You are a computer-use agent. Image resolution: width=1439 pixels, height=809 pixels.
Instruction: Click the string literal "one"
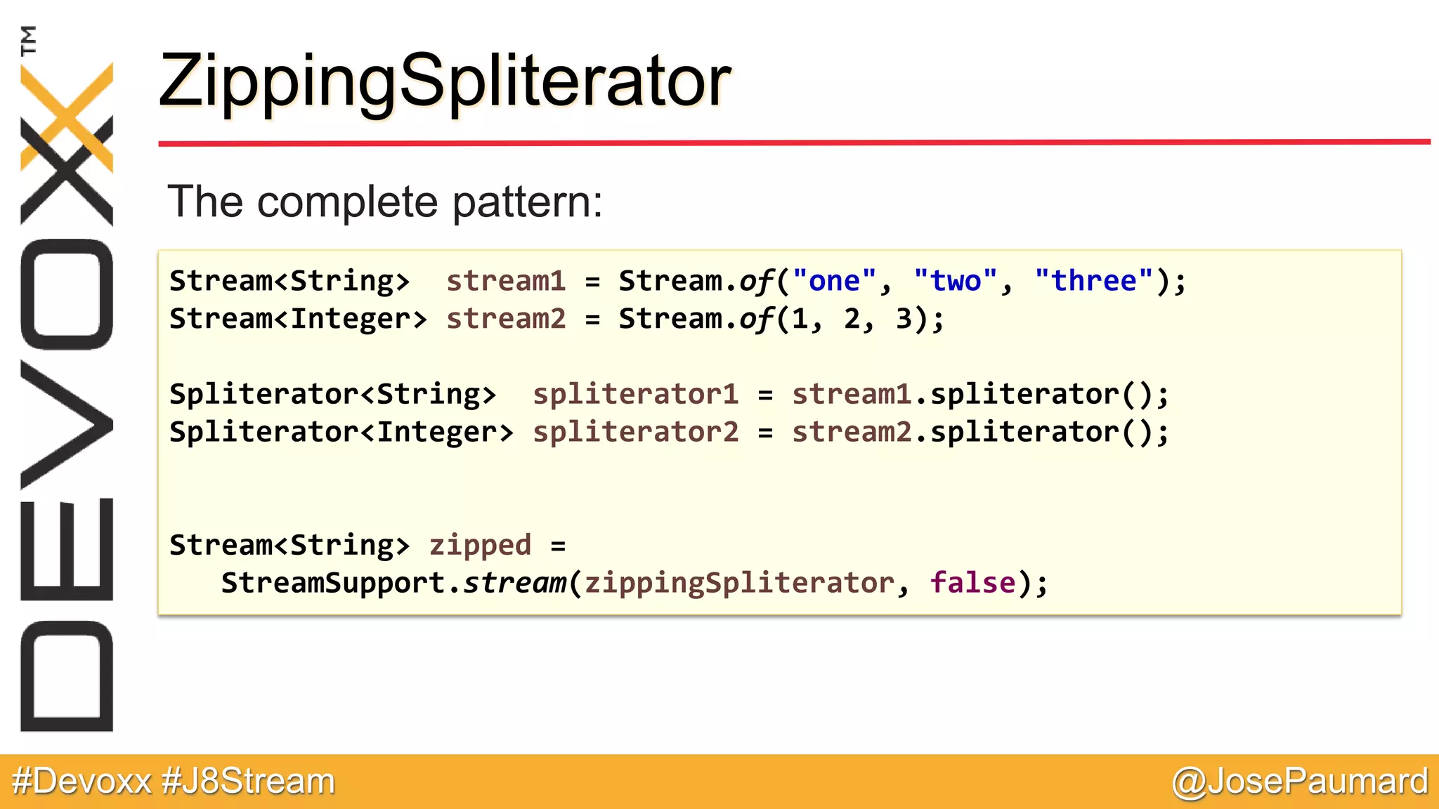[834, 281]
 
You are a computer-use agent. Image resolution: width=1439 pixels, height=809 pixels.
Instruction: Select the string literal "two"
[955, 281]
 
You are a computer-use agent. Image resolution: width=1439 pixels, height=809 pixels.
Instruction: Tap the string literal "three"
[1093, 281]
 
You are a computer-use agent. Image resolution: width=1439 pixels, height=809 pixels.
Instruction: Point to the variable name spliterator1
[635, 394]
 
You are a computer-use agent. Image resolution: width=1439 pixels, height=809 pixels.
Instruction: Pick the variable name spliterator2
[635, 432]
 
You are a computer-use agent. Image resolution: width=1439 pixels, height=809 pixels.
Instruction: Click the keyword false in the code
[972, 583]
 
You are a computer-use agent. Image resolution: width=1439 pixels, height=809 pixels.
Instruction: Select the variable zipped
[480, 546]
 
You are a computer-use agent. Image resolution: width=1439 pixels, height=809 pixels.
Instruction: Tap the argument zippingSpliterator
[739, 583]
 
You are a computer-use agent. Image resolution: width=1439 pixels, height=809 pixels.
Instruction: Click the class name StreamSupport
[333, 583]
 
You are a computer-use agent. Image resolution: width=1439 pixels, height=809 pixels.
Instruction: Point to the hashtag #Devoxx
[82, 782]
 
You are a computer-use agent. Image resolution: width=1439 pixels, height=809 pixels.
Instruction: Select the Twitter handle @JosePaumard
[1300, 782]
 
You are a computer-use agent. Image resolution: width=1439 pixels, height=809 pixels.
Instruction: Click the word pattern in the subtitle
[527, 202]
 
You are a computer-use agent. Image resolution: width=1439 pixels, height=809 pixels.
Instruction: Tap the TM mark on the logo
[28, 40]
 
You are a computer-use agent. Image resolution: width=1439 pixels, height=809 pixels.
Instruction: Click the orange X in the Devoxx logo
[67, 116]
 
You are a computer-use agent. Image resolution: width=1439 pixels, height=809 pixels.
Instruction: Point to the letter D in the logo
[67, 676]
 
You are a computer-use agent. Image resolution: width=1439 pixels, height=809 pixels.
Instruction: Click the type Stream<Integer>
[298, 319]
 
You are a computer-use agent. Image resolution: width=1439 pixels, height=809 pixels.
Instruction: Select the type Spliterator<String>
[332, 394]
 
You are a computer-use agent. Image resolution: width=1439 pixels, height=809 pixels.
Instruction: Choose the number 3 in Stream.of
[904, 319]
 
